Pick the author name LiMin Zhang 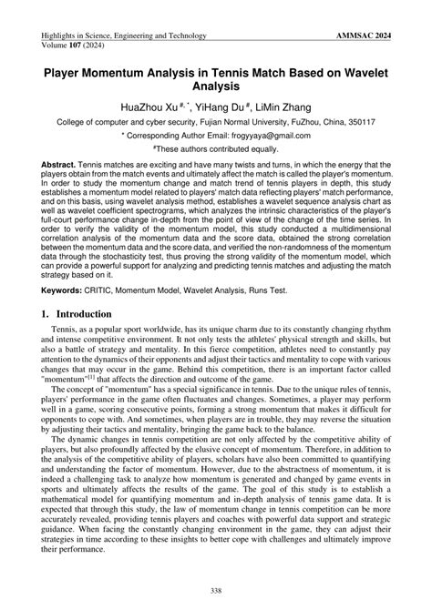(296, 108)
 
